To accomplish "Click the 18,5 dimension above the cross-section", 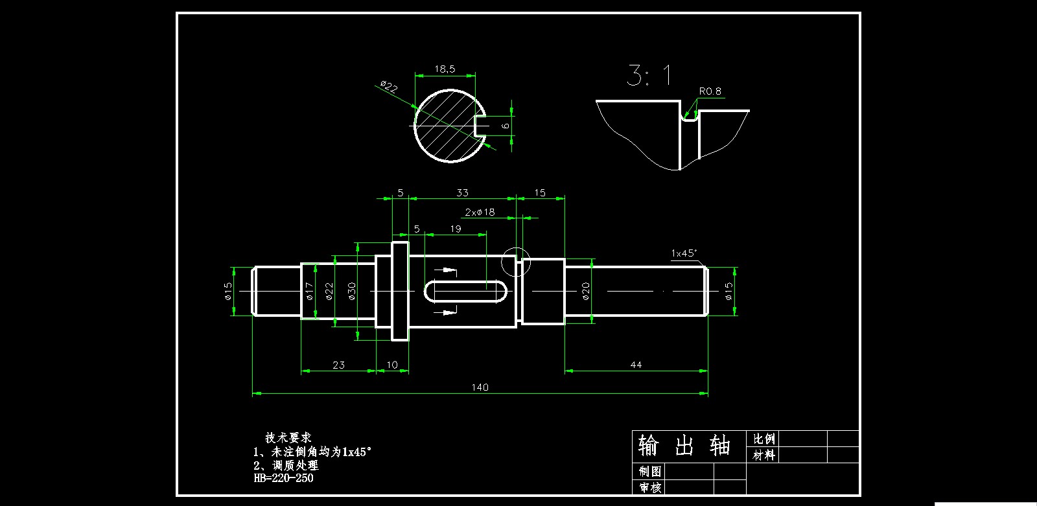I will (x=445, y=69).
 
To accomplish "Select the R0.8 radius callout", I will (x=710, y=91).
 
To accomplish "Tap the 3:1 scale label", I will (x=649, y=76).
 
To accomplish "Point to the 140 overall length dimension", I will (x=480, y=387).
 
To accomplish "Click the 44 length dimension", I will (x=636, y=365).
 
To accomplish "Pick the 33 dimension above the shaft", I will (x=462, y=192).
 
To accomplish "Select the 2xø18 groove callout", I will (x=480, y=212).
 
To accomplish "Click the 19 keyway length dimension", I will (x=456, y=229).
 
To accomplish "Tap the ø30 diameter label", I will (x=352, y=291).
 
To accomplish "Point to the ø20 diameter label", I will (x=586, y=291).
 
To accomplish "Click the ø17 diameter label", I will (x=309, y=291).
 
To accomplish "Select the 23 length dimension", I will (x=338, y=365).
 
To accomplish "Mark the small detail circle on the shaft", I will (x=516, y=261).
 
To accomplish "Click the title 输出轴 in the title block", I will (x=684, y=446).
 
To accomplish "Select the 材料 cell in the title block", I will (x=764, y=455).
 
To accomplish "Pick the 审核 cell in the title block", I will (x=649, y=487).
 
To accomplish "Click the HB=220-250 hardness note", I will (x=283, y=479).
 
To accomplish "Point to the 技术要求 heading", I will (x=288, y=438).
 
